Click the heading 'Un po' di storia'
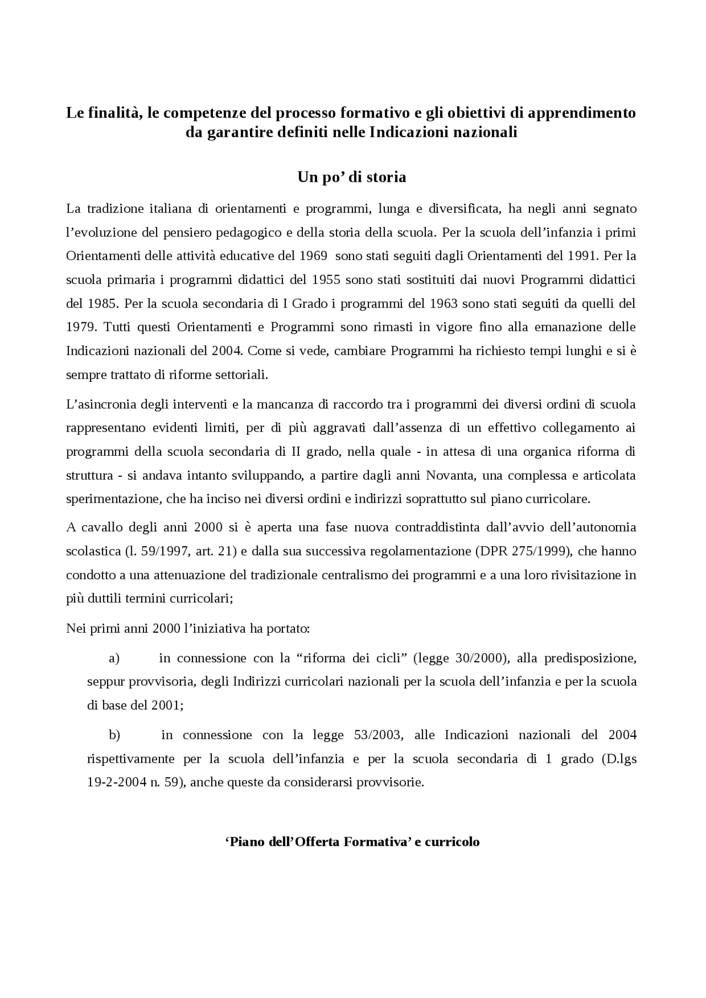352,177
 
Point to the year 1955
326,280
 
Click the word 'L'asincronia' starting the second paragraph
100,404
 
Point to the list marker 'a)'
114,659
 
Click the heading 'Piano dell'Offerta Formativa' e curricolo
352,842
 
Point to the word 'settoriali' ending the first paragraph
243,375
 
